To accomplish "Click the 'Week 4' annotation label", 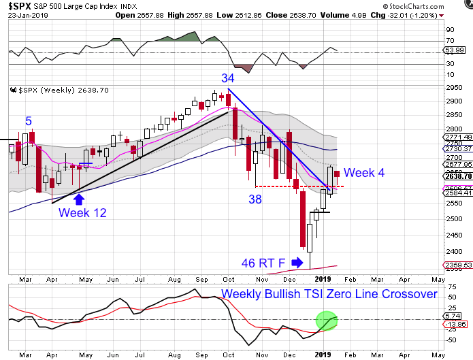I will (x=364, y=173).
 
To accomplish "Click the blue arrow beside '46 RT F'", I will (x=297, y=261).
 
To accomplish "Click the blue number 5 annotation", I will (x=29, y=122).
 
